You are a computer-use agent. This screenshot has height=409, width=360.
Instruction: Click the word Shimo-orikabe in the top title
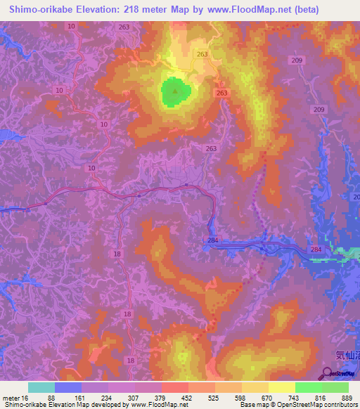41,10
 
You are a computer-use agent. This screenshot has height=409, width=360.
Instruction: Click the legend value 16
25,398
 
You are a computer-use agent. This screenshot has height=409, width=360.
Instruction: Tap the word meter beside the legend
11,398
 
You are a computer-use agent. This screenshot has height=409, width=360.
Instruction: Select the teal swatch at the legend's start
41,387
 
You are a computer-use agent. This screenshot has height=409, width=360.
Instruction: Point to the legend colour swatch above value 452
175,387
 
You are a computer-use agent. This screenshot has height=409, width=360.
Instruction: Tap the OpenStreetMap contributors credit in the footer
320,405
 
